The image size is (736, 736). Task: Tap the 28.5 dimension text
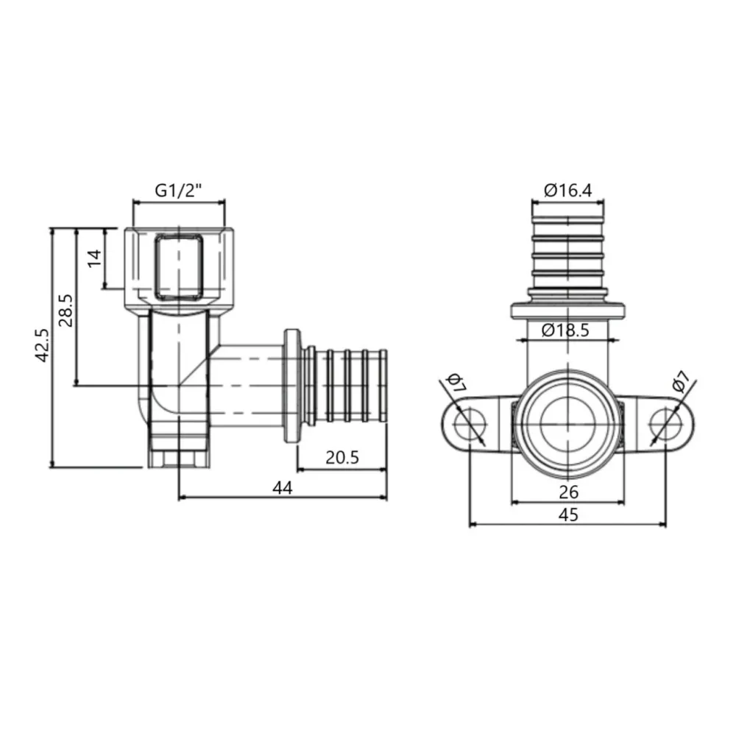pos(66,309)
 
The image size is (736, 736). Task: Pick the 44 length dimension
pos(283,486)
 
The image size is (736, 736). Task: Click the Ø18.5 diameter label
pos(565,330)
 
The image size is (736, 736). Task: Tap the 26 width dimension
pos(568,491)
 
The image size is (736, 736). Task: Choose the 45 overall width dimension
pos(568,514)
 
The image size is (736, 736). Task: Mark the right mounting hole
pos(665,425)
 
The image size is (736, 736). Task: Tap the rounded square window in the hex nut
pos(178,266)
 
